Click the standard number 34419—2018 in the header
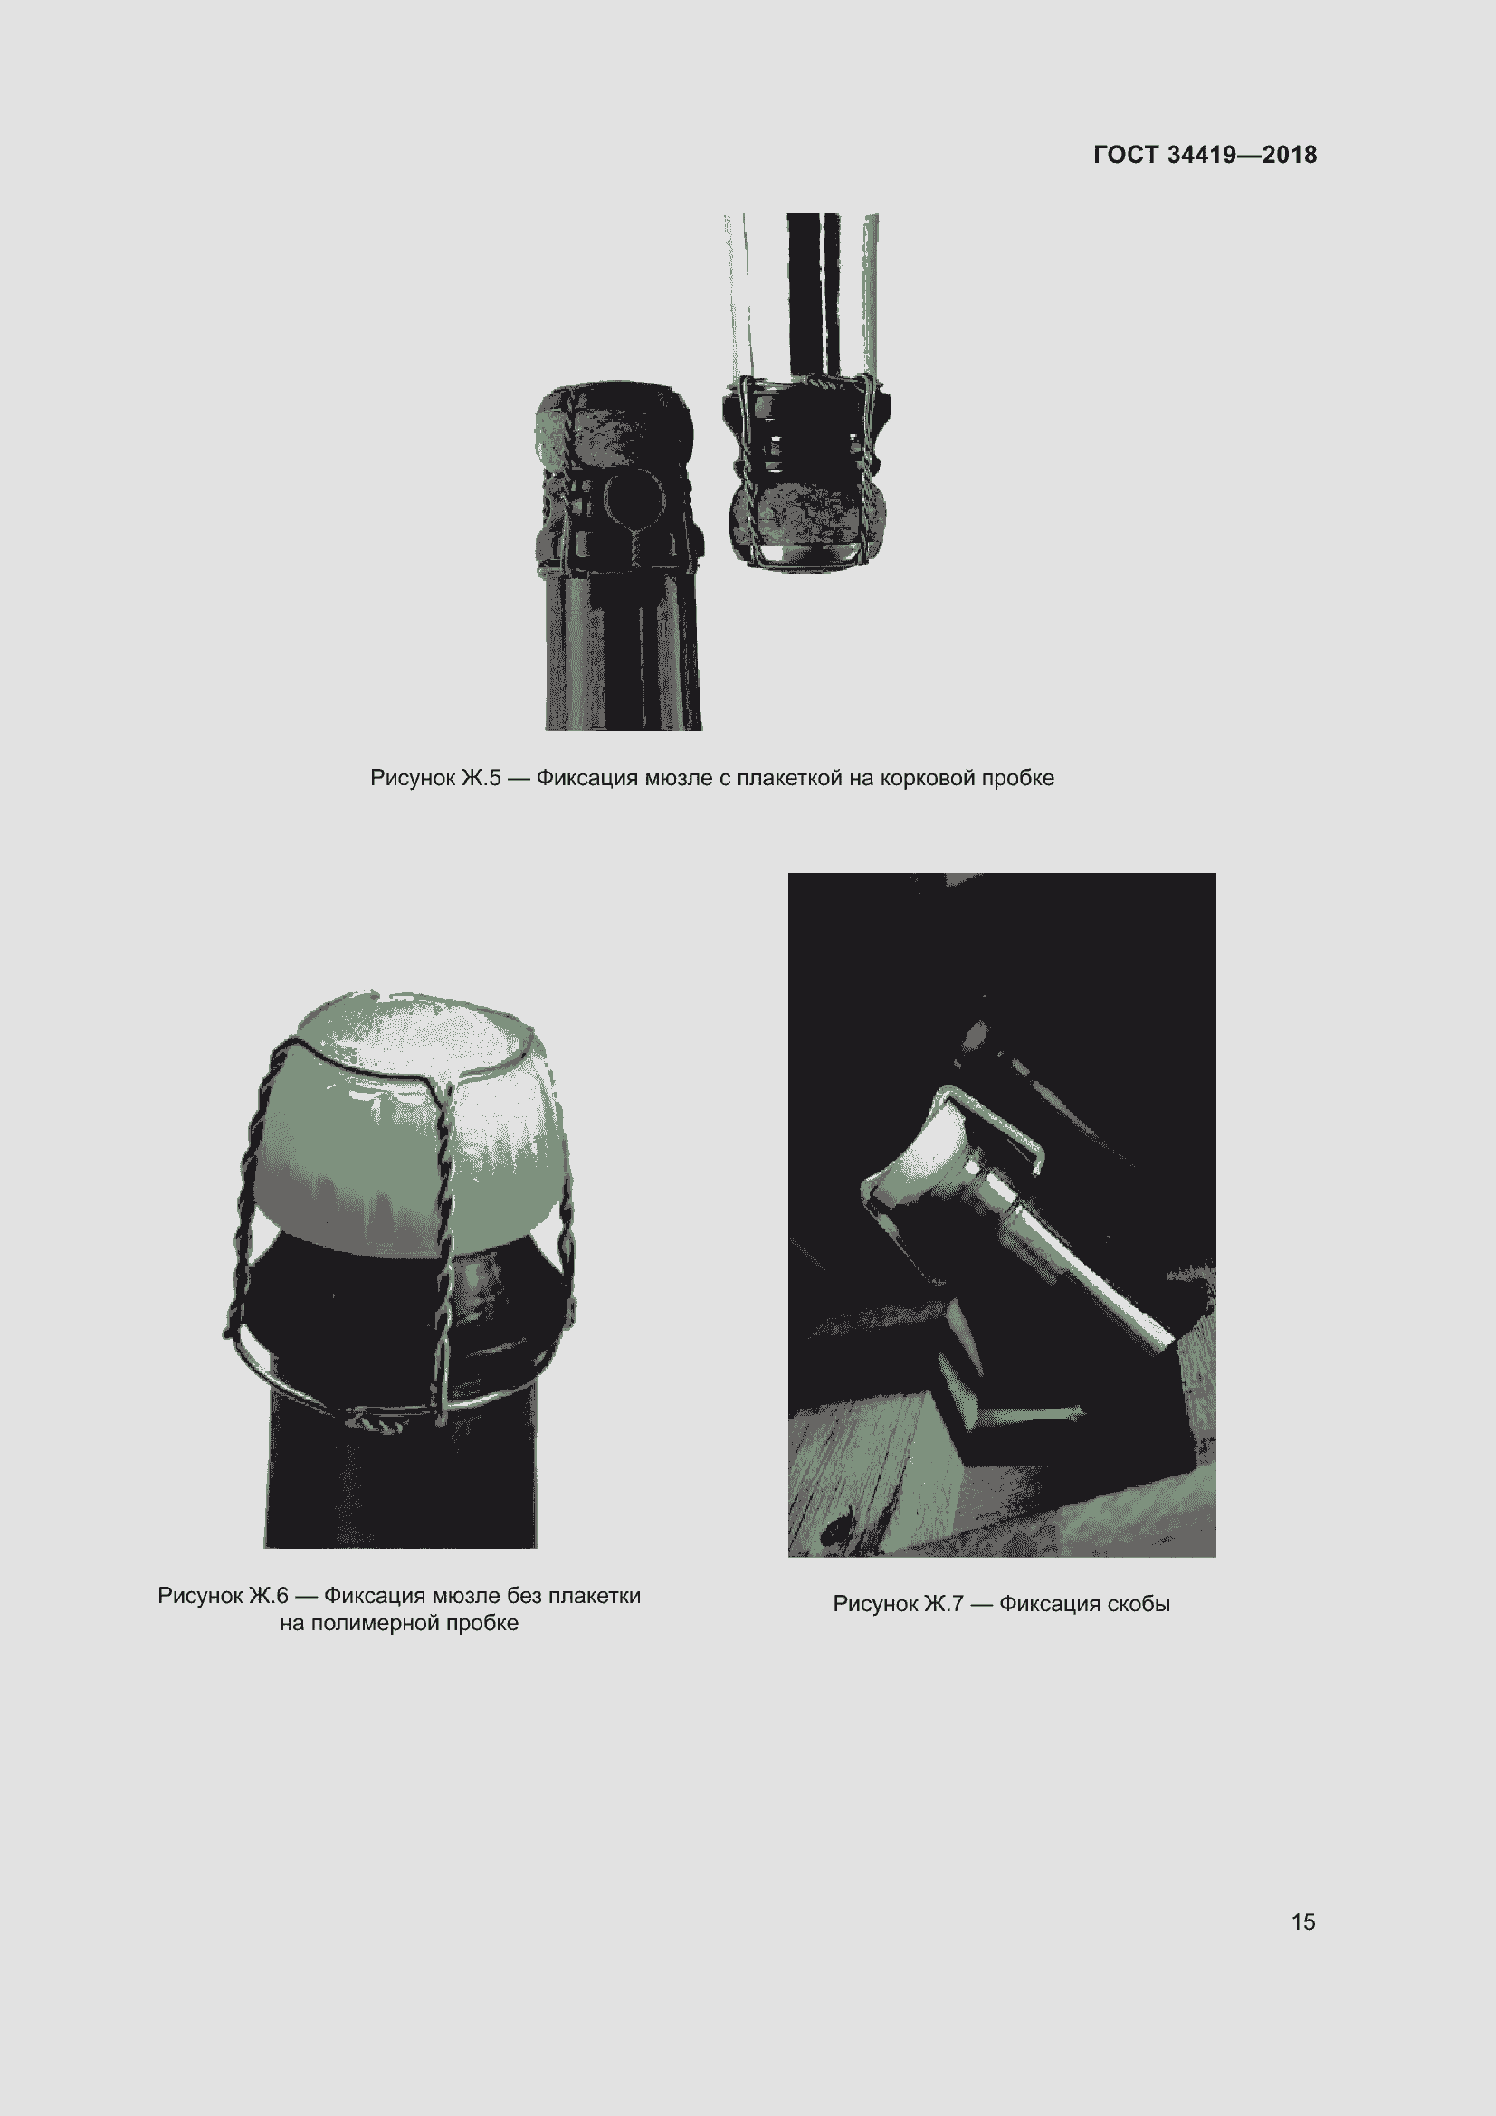click(x=1242, y=155)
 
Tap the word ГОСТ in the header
click(x=1126, y=155)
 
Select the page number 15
click(x=1302, y=1921)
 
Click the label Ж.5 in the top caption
click(x=481, y=778)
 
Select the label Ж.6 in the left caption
click(x=268, y=1595)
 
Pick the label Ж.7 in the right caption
click(x=943, y=1604)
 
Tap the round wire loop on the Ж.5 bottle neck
click(x=634, y=501)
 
